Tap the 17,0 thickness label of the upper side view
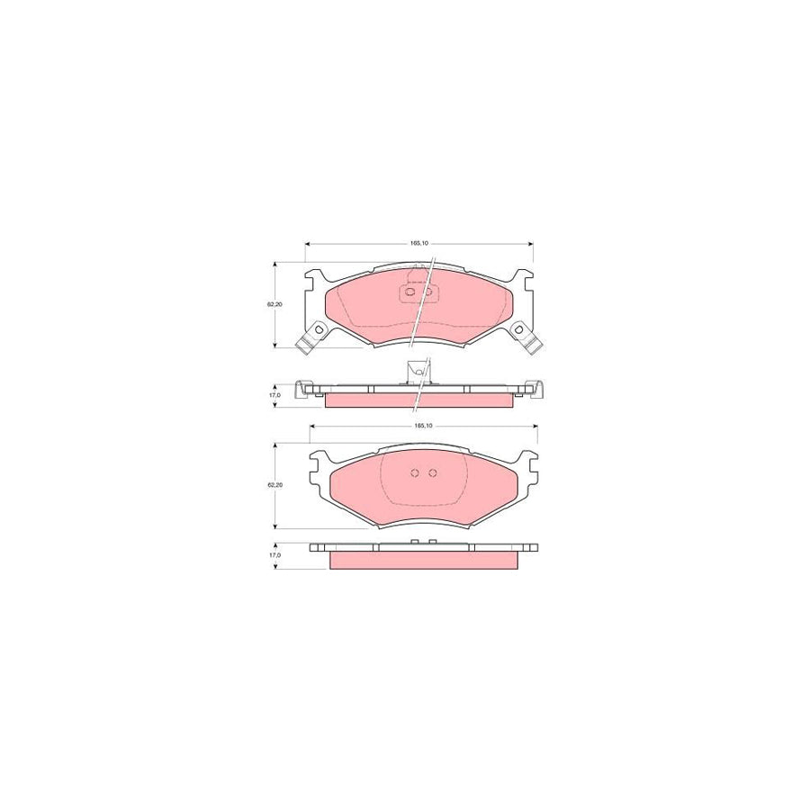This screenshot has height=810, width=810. (x=274, y=394)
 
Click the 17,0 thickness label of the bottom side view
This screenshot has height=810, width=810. (x=274, y=555)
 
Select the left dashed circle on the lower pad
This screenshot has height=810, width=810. (x=414, y=473)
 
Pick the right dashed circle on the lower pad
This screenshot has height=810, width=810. (x=432, y=473)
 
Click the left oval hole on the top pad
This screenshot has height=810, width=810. (x=410, y=291)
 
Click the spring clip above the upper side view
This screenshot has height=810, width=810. (x=417, y=370)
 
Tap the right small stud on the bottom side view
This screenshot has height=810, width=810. (x=432, y=542)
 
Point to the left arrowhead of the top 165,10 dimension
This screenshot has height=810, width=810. (x=309, y=243)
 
